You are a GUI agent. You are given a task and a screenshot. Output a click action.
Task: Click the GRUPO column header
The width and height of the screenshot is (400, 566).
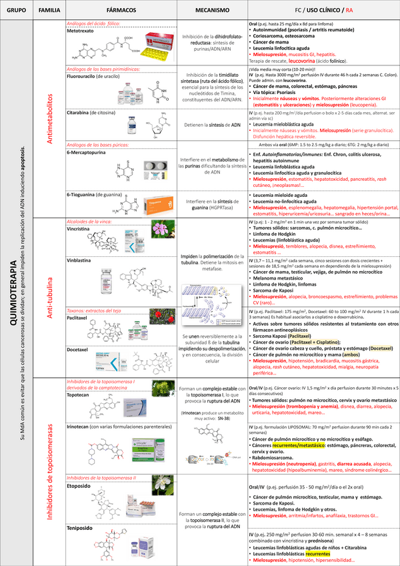click(17, 11)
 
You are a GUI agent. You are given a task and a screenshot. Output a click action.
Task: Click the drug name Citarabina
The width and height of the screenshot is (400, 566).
click(80, 114)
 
